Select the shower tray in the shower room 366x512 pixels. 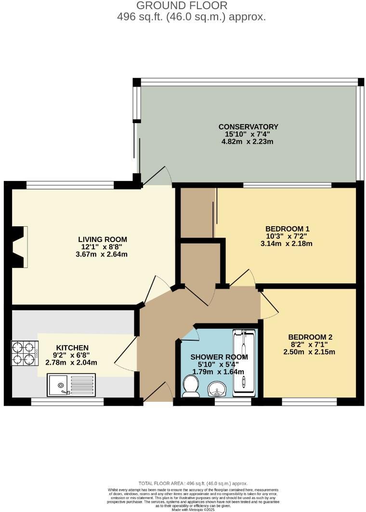245,363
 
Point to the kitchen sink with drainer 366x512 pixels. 72,385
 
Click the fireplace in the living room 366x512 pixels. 19,247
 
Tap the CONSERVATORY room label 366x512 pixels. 248,127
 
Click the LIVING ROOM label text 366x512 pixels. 103,240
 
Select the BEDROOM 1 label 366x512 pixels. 287,229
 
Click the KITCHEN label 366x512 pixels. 72,348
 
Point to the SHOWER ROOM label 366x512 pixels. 219,357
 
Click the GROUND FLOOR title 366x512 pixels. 182,6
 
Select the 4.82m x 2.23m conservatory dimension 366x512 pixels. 248,142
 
